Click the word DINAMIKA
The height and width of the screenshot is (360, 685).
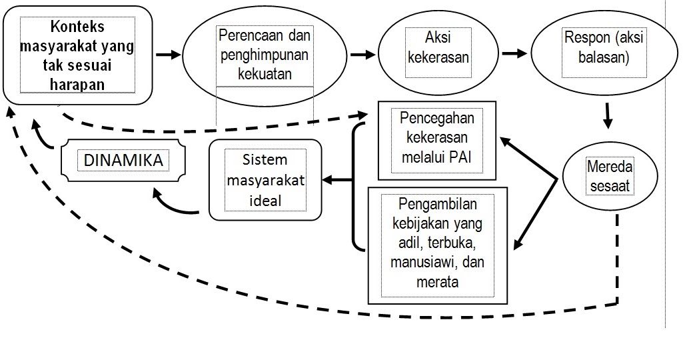coord(122,161)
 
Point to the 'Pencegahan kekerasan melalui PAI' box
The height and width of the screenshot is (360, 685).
coord(436,141)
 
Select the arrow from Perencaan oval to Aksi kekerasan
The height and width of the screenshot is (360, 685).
coord(362,54)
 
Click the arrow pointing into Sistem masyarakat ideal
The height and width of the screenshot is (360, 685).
coord(337,179)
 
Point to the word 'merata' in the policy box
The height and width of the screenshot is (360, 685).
coord(437,281)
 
